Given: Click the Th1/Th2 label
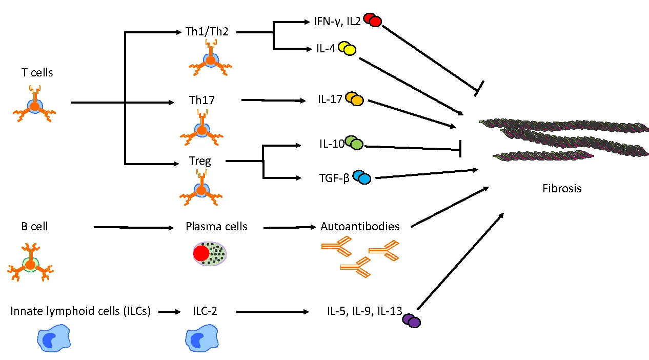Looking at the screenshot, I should click(210, 32).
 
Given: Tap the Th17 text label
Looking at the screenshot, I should click(201, 101).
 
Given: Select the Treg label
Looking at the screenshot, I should click(200, 161).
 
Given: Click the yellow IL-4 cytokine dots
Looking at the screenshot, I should click(347, 49).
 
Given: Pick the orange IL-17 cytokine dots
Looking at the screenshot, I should click(354, 99).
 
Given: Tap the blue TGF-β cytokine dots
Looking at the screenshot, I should click(361, 177).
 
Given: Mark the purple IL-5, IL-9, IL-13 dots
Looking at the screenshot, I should click(411, 321).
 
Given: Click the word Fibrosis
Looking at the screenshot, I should click(562, 189).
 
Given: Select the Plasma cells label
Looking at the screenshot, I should click(216, 226).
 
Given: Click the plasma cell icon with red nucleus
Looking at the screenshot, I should click(210, 254).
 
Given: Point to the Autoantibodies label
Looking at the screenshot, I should click(359, 226).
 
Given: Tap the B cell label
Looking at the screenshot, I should click(34, 226).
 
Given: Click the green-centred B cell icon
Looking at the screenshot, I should click(31, 265).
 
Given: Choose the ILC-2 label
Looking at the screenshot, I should click(205, 311).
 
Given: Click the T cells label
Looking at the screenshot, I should click(37, 73).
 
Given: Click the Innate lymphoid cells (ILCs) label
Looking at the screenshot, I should click(80, 311).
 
